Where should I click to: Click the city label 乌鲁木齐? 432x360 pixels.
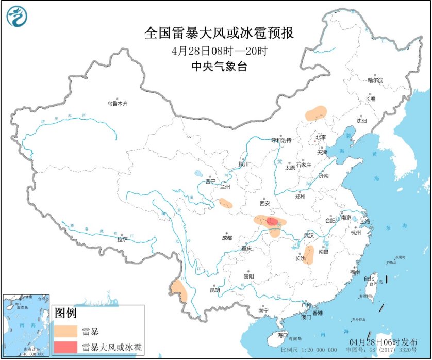[117, 104]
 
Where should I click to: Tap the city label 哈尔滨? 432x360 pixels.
[375, 80]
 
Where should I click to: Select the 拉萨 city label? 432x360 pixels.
[122, 239]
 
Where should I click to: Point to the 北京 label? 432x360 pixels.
[321, 137]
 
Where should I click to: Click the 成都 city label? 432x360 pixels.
[227, 238]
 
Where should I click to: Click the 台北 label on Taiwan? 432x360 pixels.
[369, 279]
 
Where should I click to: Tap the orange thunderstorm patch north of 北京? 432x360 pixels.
[316, 113]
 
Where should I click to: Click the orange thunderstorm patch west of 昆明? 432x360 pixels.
[180, 290]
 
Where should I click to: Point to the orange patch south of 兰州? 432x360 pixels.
[226, 204]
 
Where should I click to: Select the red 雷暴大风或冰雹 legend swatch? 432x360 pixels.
[65, 347]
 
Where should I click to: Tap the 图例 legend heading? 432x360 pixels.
[65, 313]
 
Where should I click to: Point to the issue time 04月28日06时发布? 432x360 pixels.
[383, 342]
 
